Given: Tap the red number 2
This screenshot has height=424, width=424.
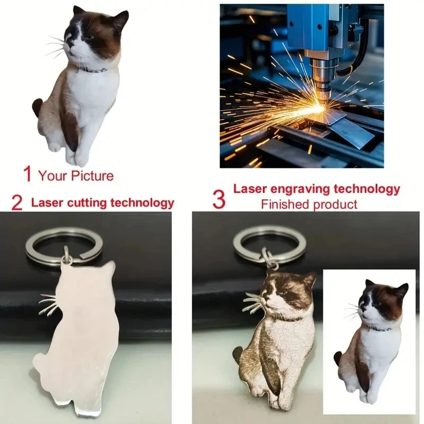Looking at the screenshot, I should coord(17,202).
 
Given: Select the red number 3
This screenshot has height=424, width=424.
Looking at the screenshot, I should coord(218,199).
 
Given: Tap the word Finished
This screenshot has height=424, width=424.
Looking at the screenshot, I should coord(284,204).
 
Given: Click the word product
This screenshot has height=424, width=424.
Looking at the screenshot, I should coord(334,205).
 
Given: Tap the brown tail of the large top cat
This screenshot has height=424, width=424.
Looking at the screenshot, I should coord(37,107).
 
